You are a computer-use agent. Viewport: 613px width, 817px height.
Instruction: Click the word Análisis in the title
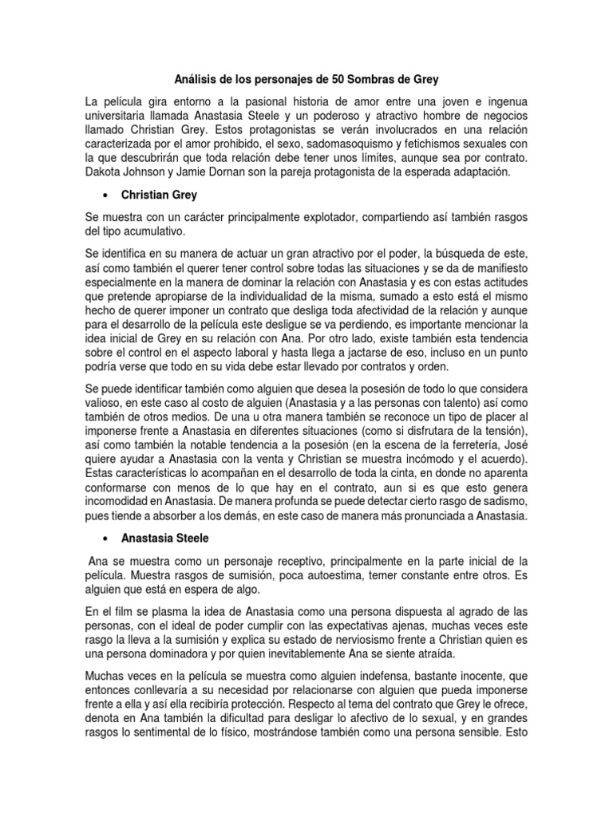(x=196, y=81)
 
